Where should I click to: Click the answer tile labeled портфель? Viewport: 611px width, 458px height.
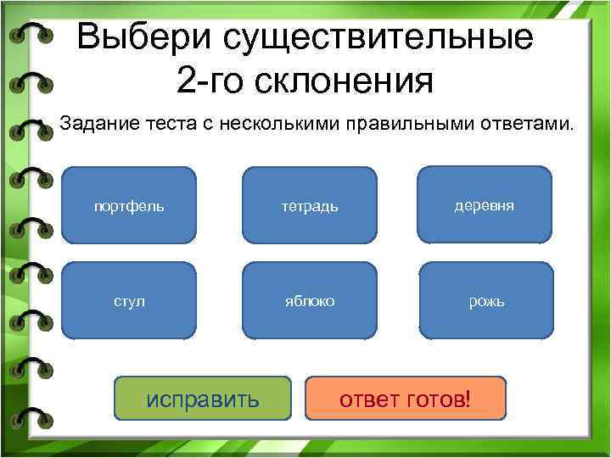click(x=129, y=206)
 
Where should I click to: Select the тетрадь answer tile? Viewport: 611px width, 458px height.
click(x=310, y=206)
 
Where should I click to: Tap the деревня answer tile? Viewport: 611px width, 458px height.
click(x=485, y=206)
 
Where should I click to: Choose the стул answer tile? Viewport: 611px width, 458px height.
click(x=129, y=301)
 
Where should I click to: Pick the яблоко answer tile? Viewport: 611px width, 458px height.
click(x=310, y=301)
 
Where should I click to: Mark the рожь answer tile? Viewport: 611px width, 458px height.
click(x=486, y=301)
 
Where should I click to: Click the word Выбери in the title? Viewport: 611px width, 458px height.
click(x=144, y=39)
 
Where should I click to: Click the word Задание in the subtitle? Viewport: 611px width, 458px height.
click(x=92, y=125)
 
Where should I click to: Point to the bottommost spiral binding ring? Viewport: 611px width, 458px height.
click(x=32, y=416)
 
